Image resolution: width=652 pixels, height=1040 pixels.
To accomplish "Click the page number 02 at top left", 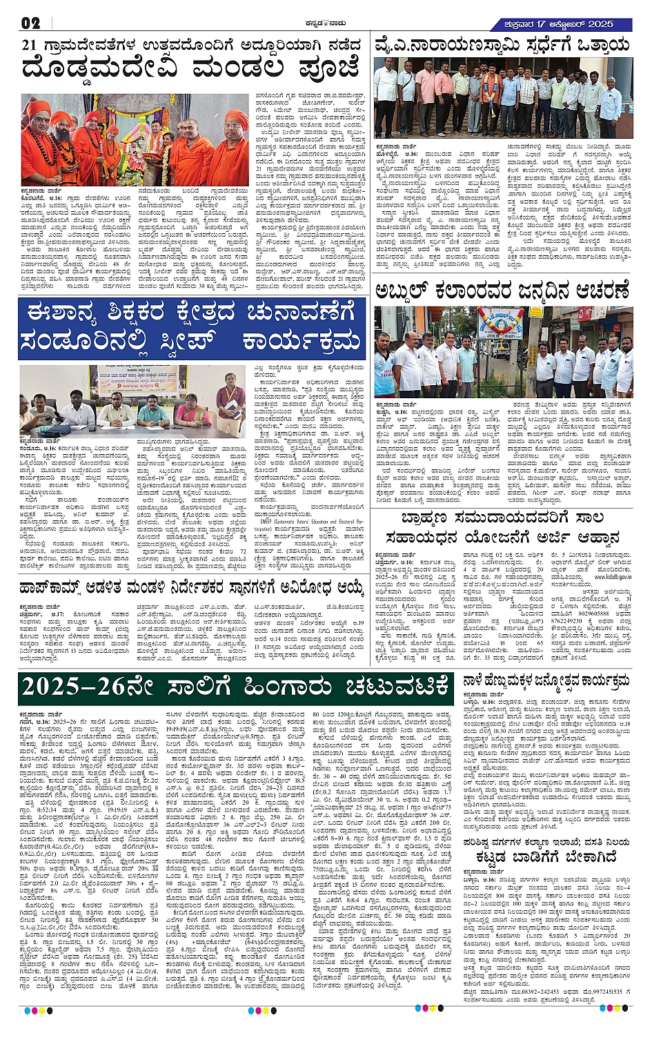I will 31,23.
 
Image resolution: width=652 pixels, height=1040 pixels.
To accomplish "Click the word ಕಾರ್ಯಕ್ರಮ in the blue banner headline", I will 301,340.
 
